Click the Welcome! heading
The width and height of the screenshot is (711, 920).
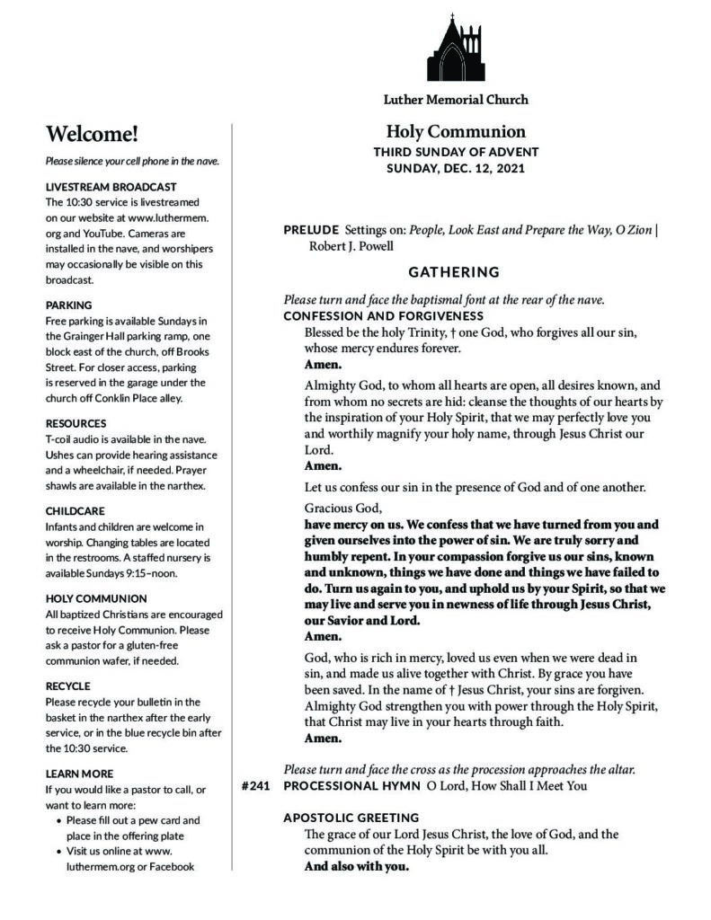[x=93, y=135]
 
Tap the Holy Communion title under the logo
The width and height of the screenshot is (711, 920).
[x=456, y=131]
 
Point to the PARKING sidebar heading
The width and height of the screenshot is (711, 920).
[x=68, y=305]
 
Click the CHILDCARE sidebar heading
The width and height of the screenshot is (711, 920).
[x=76, y=509]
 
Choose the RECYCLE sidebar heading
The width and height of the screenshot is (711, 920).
[x=67, y=686]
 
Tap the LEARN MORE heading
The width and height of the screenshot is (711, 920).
[x=79, y=773]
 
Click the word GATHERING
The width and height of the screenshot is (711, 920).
[x=453, y=271]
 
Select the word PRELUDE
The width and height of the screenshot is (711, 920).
[x=311, y=230]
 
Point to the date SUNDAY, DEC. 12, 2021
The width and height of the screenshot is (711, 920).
[x=456, y=168]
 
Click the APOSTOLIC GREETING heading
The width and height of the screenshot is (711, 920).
[x=351, y=818]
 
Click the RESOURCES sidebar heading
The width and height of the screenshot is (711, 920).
[x=76, y=423]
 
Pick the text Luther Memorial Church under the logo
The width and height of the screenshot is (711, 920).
[x=456, y=100]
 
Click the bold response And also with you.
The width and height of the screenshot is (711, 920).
[x=357, y=867]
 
